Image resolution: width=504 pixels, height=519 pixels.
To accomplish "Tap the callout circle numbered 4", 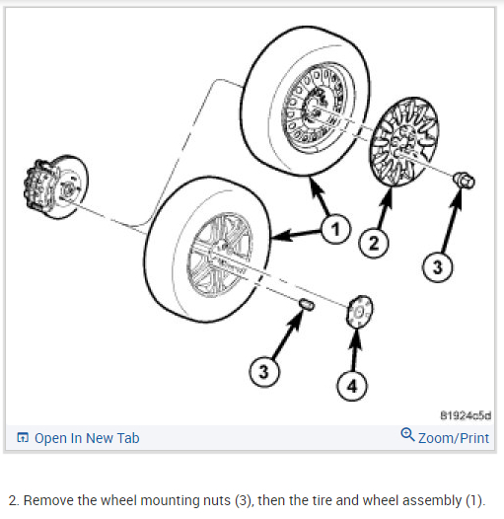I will [351, 385].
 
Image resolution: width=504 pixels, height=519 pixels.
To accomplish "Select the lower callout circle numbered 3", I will [262, 371].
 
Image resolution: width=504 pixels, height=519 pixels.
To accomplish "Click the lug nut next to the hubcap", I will [464, 181].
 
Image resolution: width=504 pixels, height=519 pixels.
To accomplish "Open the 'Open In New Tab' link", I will [87, 437].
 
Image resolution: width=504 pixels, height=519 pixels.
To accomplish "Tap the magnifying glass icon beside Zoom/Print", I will [407, 435].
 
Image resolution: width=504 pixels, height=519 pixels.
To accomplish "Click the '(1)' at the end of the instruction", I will [471, 498].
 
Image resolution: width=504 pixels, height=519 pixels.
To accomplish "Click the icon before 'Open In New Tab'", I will [22, 437].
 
